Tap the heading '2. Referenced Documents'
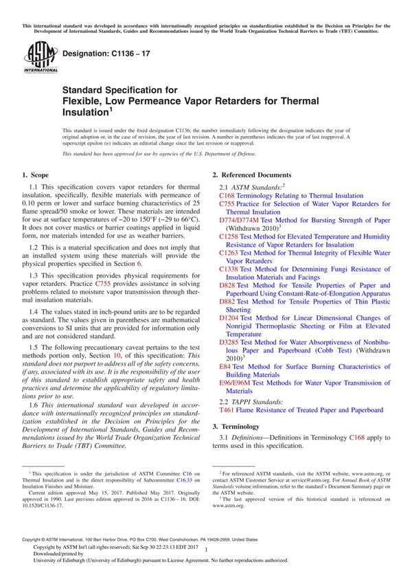251,175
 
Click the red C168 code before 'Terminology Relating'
227,196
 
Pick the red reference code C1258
230,236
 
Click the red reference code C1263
230,253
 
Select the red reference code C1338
230,269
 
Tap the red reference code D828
228,285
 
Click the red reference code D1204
230,318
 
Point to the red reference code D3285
230,341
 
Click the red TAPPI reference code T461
227,410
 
